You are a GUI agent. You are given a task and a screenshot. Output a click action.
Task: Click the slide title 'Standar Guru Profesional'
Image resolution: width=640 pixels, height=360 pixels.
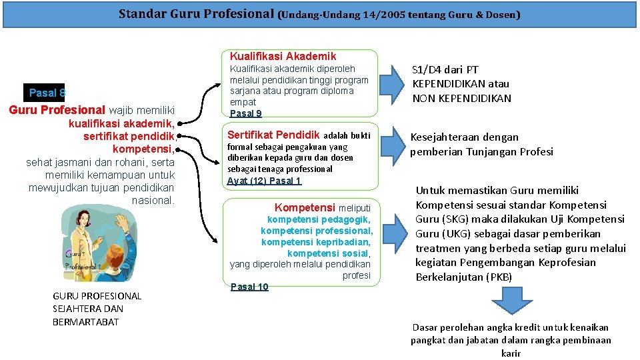[196, 13]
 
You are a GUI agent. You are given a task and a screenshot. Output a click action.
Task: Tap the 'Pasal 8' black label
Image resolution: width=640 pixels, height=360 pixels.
[46, 93]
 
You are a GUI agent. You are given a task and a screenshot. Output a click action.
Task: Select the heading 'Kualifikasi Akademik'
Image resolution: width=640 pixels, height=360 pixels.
[283, 56]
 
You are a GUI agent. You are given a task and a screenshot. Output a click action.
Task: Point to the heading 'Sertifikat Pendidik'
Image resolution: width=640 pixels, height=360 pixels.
[273, 135]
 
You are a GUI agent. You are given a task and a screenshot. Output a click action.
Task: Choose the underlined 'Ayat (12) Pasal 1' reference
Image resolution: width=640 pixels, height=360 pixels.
[264, 181]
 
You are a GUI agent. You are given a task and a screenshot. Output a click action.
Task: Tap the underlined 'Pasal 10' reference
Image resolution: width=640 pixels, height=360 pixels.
[249, 287]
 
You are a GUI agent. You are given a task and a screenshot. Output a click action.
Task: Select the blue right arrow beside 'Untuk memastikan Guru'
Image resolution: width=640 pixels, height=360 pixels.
[393, 235]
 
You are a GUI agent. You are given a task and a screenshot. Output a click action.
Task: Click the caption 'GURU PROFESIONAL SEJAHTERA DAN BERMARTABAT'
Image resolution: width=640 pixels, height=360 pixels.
[97, 309]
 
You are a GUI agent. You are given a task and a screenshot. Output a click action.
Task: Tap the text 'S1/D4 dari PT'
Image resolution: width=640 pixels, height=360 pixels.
[445, 69]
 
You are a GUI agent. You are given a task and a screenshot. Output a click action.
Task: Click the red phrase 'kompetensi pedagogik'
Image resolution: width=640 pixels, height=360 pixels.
[319, 219]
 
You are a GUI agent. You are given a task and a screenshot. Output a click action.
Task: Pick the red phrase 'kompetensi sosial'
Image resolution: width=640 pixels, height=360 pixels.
[328, 253]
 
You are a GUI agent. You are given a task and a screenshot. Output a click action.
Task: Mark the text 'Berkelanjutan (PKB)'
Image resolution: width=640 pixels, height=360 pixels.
[463, 277]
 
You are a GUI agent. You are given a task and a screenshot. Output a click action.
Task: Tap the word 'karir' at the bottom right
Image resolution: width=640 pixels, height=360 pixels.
[511, 353]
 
